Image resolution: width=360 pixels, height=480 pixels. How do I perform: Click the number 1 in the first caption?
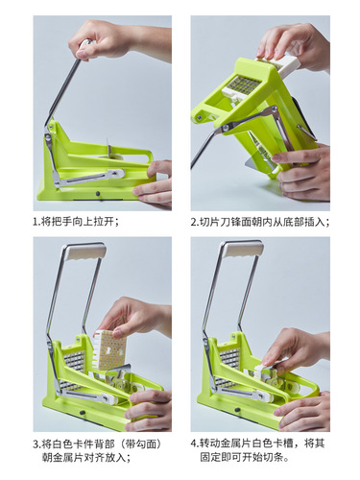(x=36, y=221)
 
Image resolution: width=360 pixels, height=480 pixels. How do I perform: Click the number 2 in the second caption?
(x=194, y=221)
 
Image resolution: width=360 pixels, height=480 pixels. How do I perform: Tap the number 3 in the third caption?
(x=36, y=444)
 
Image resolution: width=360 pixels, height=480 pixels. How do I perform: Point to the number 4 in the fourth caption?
(x=194, y=444)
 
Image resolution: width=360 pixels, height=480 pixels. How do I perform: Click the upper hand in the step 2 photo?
(x=293, y=43)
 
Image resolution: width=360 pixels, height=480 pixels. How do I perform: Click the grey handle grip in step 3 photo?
(x=85, y=251)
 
